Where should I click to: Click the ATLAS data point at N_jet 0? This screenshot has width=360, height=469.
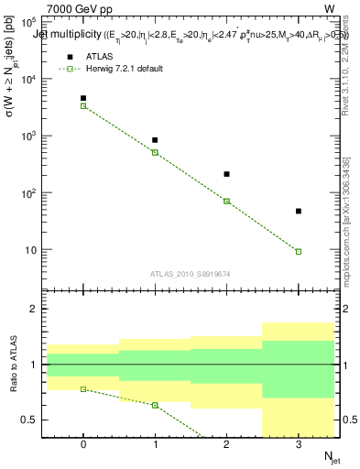click(83, 98)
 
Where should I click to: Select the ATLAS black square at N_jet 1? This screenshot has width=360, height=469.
click(155, 140)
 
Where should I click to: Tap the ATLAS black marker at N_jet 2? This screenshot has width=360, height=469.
click(227, 174)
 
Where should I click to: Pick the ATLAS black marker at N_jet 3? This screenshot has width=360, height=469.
click(299, 212)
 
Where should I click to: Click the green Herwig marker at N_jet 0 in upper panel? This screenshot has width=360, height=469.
click(83, 106)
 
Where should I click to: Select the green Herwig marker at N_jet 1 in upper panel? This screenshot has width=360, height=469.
click(155, 152)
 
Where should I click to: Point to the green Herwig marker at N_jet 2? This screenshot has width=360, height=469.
click(227, 202)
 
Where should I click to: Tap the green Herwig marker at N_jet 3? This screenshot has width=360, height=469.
click(299, 251)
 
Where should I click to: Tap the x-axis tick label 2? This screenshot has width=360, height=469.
click(227, 444)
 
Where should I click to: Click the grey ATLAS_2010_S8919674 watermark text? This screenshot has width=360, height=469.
click(191, 273)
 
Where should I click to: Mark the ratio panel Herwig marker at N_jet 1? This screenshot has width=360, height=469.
click(155, 405)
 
